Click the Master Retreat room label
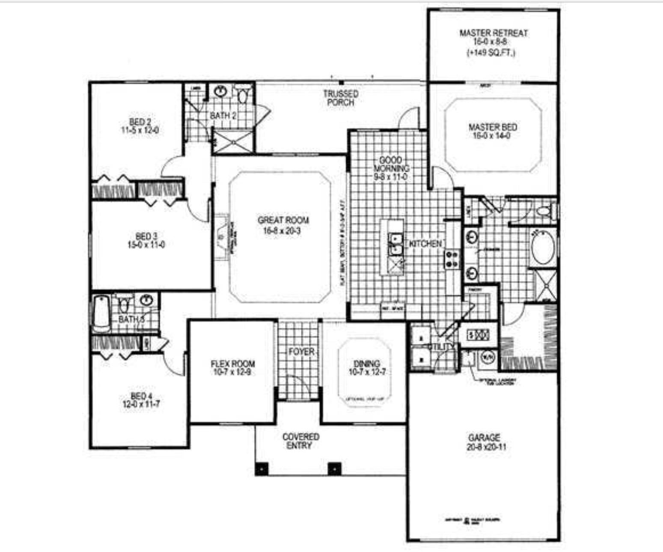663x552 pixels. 493,33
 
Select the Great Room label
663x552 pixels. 283,220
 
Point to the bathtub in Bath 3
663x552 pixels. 101,313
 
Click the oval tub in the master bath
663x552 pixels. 543,248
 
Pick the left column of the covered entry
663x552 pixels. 262,468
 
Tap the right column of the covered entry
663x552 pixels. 334,468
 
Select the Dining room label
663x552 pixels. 367,364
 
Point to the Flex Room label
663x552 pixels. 232,364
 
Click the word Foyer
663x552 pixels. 301,352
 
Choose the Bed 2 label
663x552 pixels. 140,122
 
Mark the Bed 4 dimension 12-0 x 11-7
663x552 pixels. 141,404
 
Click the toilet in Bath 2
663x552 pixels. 243,95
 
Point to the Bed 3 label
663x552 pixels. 143,236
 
